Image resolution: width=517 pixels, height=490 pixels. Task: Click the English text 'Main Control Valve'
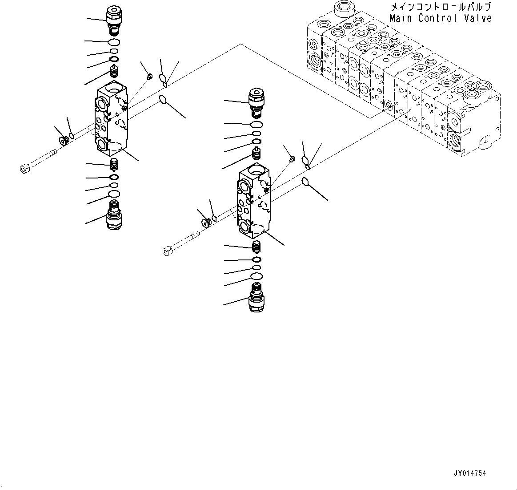click(441, 18)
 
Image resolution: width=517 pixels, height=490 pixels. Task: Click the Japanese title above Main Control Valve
click(441, 7)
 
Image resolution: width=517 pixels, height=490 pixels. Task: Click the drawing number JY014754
click(470, 474)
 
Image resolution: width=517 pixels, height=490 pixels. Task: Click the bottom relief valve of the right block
click(256, 296)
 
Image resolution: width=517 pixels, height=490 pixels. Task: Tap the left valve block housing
click(111, 120)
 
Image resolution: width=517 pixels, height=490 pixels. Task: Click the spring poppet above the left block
click(114, 71)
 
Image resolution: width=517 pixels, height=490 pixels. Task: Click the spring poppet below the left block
click(114, 164)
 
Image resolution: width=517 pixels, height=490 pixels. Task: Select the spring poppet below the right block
click(256, 246)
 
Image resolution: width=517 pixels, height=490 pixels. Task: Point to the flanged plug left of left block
click(63, 140)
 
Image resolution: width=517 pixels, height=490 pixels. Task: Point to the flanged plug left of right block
click(205, 223)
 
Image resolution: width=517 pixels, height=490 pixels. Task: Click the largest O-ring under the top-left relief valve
click(114, 42)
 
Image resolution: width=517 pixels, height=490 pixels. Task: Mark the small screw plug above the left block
click(149, 77)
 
